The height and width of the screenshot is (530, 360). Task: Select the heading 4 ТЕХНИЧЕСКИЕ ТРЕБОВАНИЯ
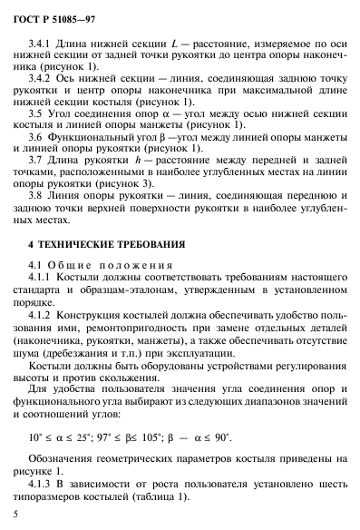pos(107,269)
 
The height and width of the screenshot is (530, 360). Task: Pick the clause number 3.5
pos(37,123)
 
